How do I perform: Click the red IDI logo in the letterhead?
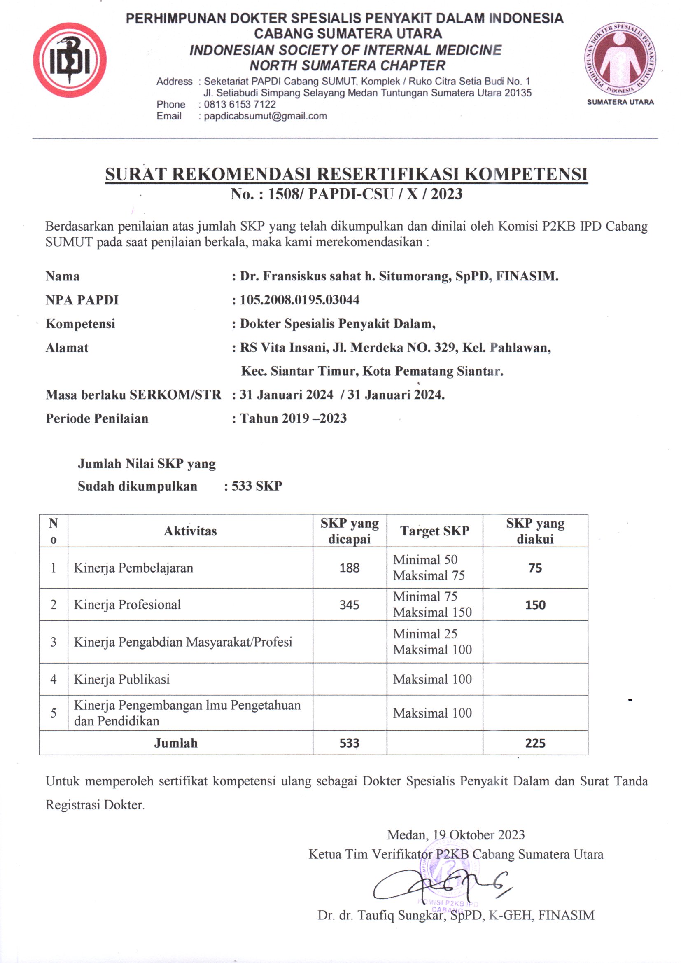pos(70,61)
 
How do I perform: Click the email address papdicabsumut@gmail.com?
pos(265,116)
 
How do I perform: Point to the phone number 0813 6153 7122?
pos(240,105)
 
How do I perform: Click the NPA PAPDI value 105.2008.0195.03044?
pos(299,300)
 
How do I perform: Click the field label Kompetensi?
pos(80,324)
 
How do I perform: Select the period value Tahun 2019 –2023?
pos(293,418)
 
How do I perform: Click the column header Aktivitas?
pos(190,531)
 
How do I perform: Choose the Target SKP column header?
pos(434,531)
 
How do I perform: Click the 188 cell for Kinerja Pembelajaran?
pos(349,568)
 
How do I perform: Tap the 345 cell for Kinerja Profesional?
pos(349,605)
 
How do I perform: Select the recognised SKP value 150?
pos(535,605)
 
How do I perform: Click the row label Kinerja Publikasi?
pos(121,679)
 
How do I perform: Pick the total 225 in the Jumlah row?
pos(535,743)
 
